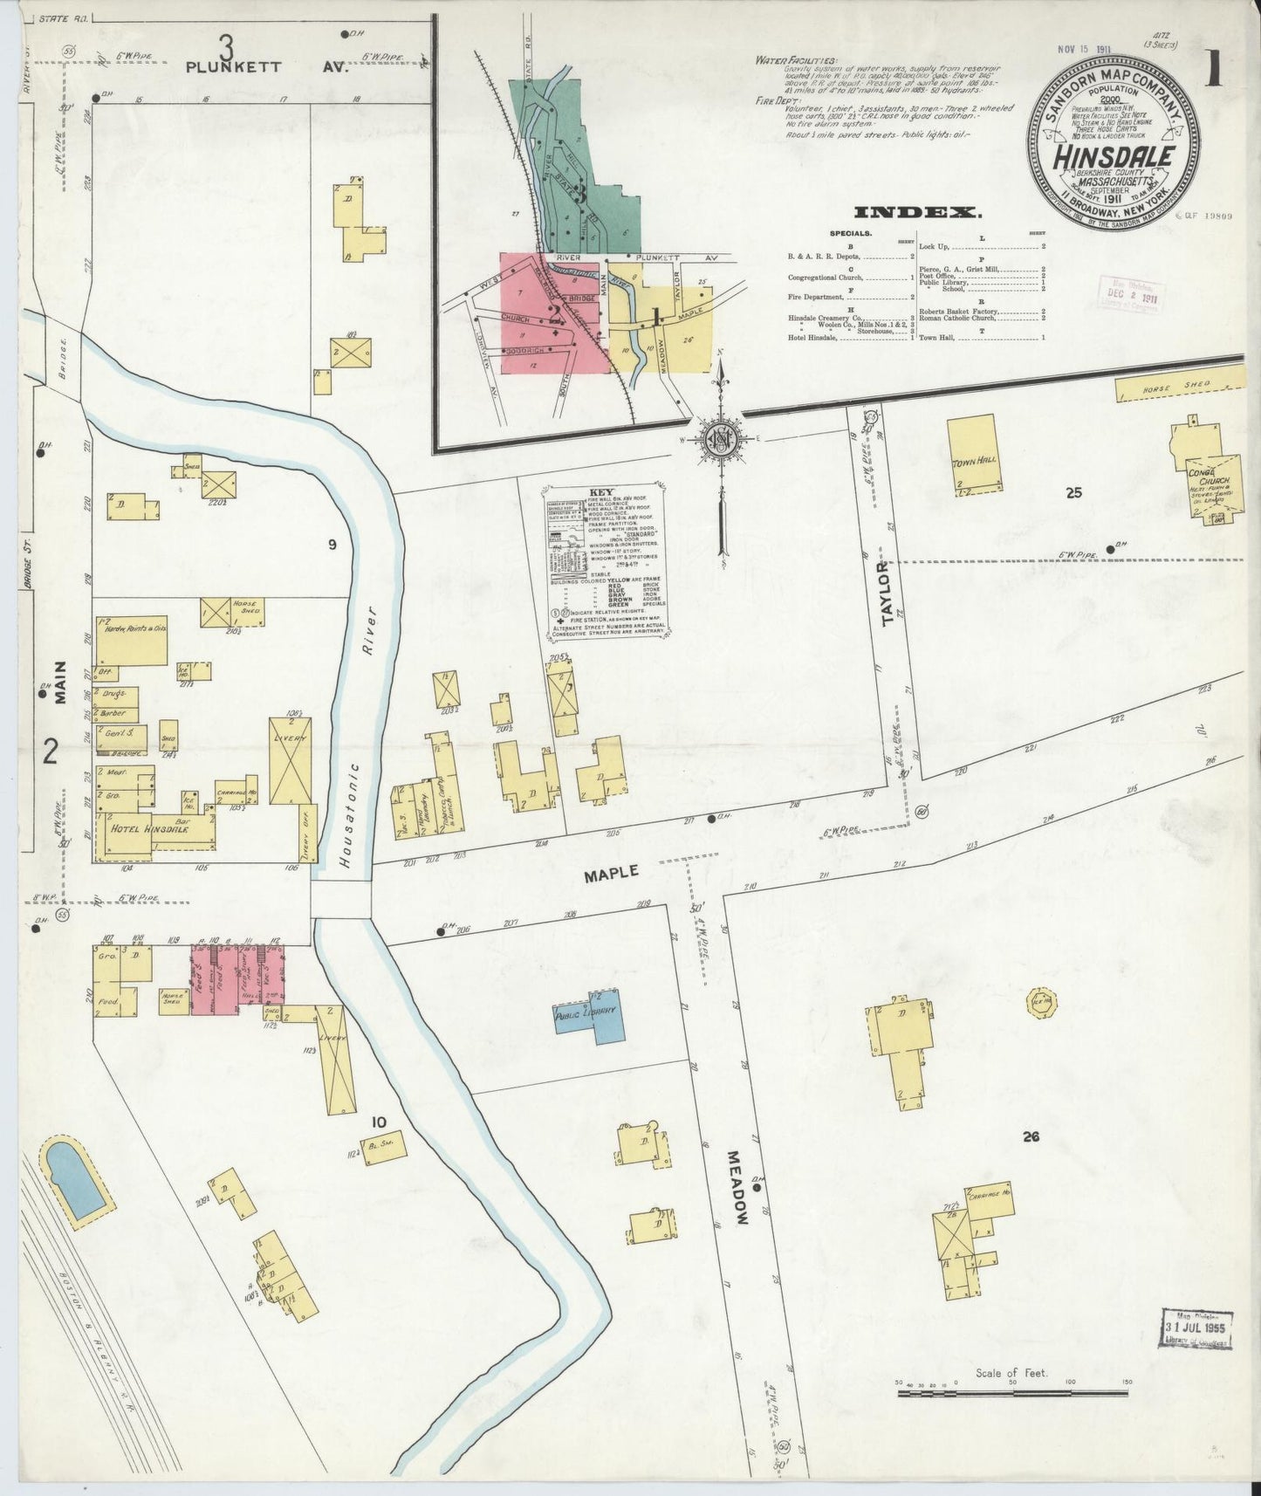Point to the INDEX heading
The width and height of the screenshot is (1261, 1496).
click(917, 212)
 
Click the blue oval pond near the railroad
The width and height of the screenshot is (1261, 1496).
click(77, 1183)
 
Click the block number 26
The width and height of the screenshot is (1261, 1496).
click(1031, 1136)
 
